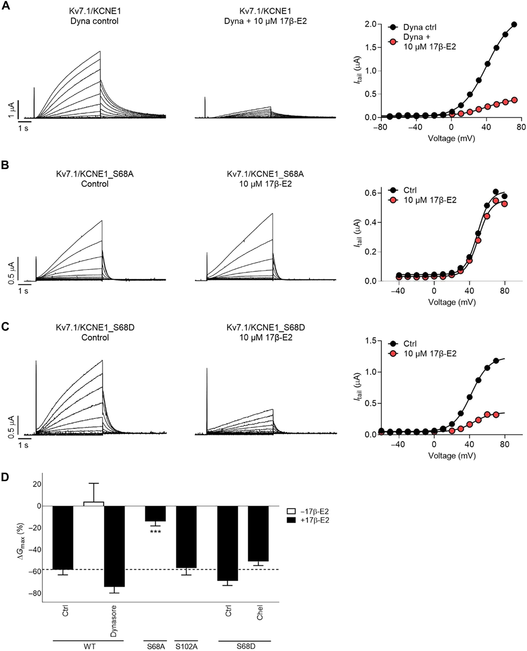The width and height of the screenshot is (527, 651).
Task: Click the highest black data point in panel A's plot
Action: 514,24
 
